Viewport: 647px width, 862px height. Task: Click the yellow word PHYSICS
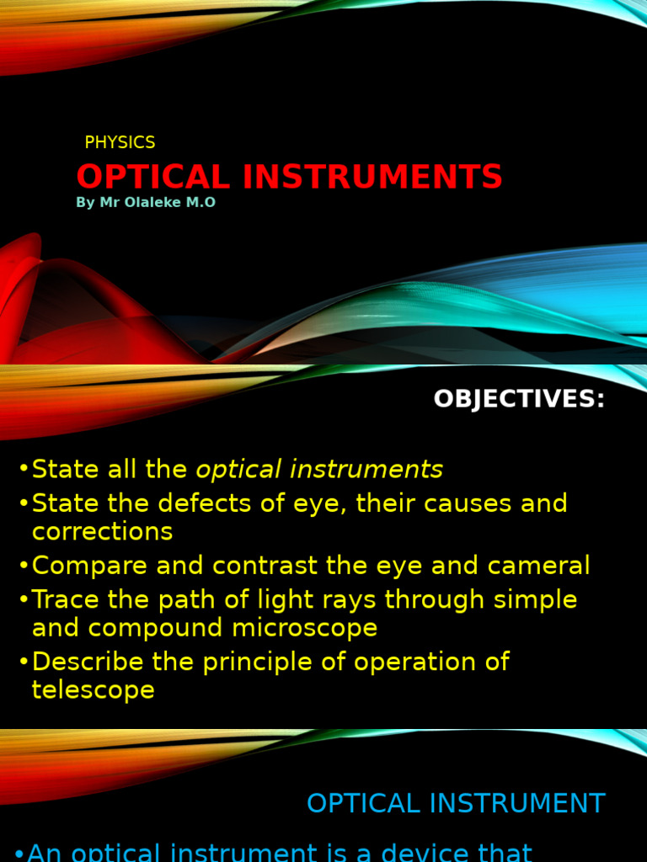pyautogui.click(x=120, y=143)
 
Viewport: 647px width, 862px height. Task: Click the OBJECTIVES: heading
pyautogui.click(x=519, y=399)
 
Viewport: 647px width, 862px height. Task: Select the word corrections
pyautogui.click(x=102, y=532)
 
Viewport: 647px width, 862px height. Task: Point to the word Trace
pyautogui.click(x=64, y=600)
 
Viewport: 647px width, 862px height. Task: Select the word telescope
pyautogui.click(x=93, y=690)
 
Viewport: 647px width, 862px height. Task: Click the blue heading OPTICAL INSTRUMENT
pyautogui.click(x=456, y=804)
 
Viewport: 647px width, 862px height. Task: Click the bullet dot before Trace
pyautogui.click(x=24, y=601)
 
